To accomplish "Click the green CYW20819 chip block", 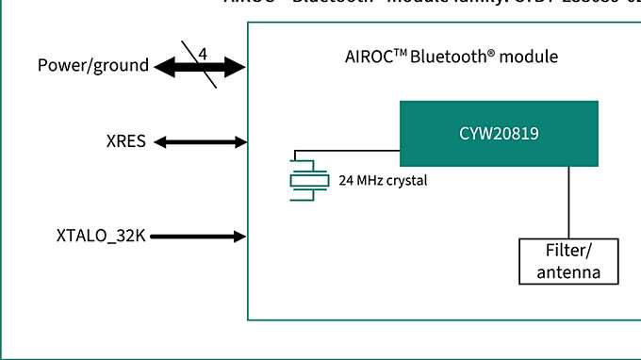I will point(499,134).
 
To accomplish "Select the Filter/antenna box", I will point(568,262).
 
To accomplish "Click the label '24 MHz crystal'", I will point(382,179).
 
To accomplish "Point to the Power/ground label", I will point(93,66).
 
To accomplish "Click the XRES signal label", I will point(126,142).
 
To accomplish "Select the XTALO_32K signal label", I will point(100,236).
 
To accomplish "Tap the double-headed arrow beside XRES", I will point(200,142).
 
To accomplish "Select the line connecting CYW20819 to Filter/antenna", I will point(567,203).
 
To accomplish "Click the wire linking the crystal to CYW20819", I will point(349,150).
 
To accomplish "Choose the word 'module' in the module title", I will point(529,57).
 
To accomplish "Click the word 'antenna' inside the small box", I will point(568,272).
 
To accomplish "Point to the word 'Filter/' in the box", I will point(568,253).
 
